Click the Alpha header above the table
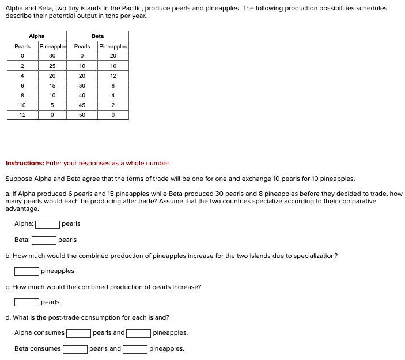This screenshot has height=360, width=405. [x=36, y=36]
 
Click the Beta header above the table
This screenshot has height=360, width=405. [x=97, y=36]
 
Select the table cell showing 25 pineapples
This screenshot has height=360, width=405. [x=52, y=66]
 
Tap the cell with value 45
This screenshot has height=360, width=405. [x=82, y=105]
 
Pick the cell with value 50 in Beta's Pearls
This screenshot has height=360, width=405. [x=82, y=115]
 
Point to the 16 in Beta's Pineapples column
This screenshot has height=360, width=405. [x=113, y=66]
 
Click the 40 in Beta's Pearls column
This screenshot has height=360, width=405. [x=82, y=95]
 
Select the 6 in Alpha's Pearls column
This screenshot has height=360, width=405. [x=22, y=85]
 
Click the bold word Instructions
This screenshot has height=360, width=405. [x=24, y=163]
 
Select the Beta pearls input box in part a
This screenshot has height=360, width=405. [x=44, y=240]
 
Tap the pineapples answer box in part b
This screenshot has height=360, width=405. [x=27, y=271]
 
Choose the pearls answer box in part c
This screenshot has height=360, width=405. [x=27, y=302]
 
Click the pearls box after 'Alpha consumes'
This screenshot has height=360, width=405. [x=78, y=333]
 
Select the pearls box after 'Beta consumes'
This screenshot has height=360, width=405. [x=75, y=348]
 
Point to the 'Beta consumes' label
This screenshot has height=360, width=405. [x=37, y=348]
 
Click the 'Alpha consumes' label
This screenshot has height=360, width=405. [x=39, y=333]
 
